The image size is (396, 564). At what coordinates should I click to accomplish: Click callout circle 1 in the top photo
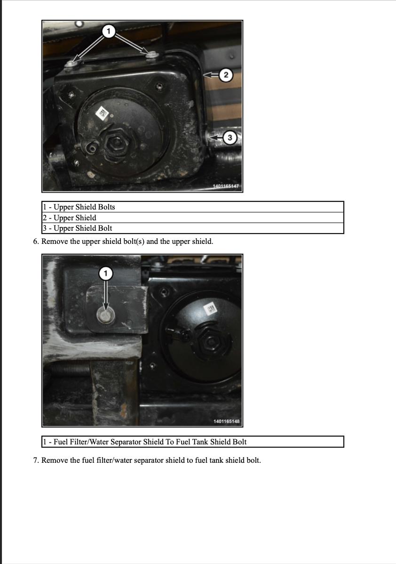(109, 31)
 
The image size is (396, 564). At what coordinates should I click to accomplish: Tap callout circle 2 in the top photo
(226, 75)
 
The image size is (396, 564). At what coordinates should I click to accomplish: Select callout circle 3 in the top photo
(230, 137)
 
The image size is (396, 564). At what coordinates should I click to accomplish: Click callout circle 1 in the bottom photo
(105, 274)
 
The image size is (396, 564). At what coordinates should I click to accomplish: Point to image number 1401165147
(226, 186)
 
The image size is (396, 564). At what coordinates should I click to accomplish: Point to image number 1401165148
(226, 421)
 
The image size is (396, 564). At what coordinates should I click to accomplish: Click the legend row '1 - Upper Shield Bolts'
(193, 207)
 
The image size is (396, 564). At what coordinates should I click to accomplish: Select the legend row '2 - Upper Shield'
(193, 218)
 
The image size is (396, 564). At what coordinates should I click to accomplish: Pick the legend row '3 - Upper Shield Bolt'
(193, 228)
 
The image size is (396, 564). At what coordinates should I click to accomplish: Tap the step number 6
(36, 242)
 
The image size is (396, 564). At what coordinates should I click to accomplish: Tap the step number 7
(36, 460)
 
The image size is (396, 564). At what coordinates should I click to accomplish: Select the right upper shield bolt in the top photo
(152, 55)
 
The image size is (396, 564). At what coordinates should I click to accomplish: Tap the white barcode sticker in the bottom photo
(211, 309)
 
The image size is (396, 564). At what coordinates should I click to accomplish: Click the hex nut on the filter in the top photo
(115, 143)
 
